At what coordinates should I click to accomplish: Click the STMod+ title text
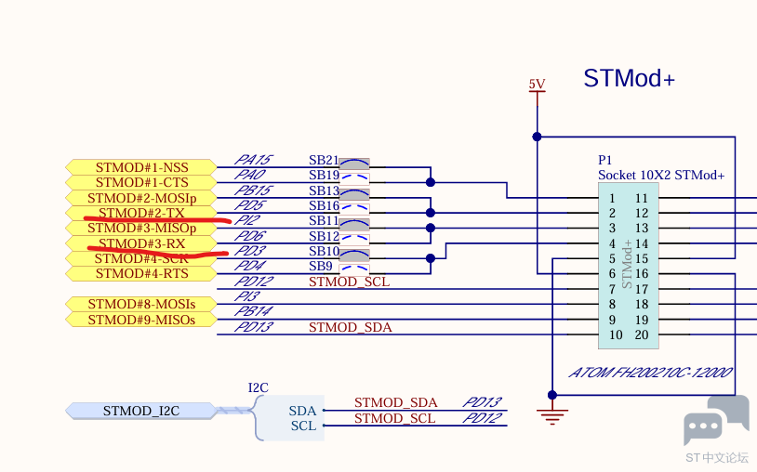629,78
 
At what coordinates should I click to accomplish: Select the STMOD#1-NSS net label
141,167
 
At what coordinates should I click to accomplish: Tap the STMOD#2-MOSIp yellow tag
141,198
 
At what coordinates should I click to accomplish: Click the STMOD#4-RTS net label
141,273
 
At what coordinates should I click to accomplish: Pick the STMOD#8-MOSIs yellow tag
141,304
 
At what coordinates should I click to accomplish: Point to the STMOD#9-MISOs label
141,320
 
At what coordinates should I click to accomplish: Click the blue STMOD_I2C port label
140,410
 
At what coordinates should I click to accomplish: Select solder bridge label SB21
324,160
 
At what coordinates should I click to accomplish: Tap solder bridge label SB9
321,266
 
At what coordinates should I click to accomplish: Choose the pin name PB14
253,311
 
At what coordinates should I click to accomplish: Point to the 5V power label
537,85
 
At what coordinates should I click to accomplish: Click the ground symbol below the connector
553,414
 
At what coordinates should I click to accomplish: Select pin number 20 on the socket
641,335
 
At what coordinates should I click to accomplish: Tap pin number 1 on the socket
612,198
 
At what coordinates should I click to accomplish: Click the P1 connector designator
605,160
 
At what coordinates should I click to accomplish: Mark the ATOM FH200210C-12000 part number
652,374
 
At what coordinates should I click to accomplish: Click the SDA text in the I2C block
302,411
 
